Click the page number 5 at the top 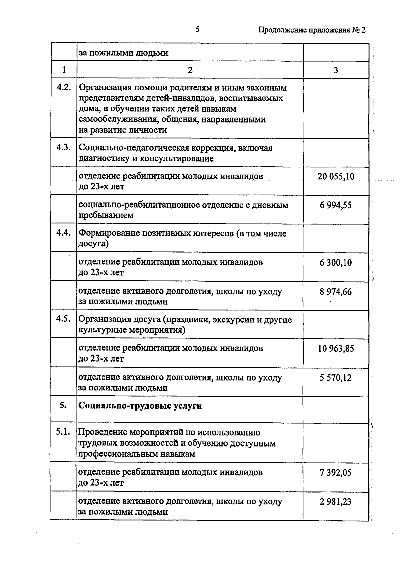coord(197,30)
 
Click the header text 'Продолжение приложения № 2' coord(312,30)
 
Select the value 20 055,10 coord(336,176)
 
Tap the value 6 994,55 coord(336,205)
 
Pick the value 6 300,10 coord(336,263)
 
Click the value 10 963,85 coord(336,349)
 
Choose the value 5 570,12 coord(336,378)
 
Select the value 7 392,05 coord(336,473)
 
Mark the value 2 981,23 coord(336,502)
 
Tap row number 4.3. coord(64,147)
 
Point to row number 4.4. coord(64,233)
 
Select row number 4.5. coord(64,319)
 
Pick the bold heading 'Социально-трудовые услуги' coord(140,406)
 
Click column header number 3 coord(336,70)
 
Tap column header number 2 coord(190,70)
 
